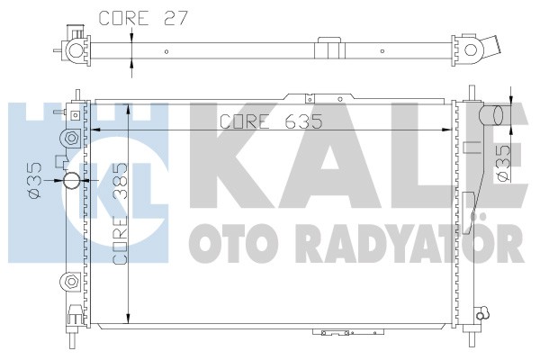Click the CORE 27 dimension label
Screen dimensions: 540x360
click(x=143, y=18)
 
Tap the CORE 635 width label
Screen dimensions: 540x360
click(x=272, y=121)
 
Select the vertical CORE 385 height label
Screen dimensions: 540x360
click(x=121, y=213)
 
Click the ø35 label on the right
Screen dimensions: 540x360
click(x=502, y=162)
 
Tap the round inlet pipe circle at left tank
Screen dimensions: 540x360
click(x=72, y=181)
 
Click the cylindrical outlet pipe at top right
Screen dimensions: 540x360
click(x=491, y=114)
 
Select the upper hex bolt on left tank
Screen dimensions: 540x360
click(x=72, y=138)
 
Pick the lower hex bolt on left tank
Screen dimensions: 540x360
click(x=72, y=281)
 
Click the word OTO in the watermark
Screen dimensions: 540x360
click(x=229, y=243)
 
